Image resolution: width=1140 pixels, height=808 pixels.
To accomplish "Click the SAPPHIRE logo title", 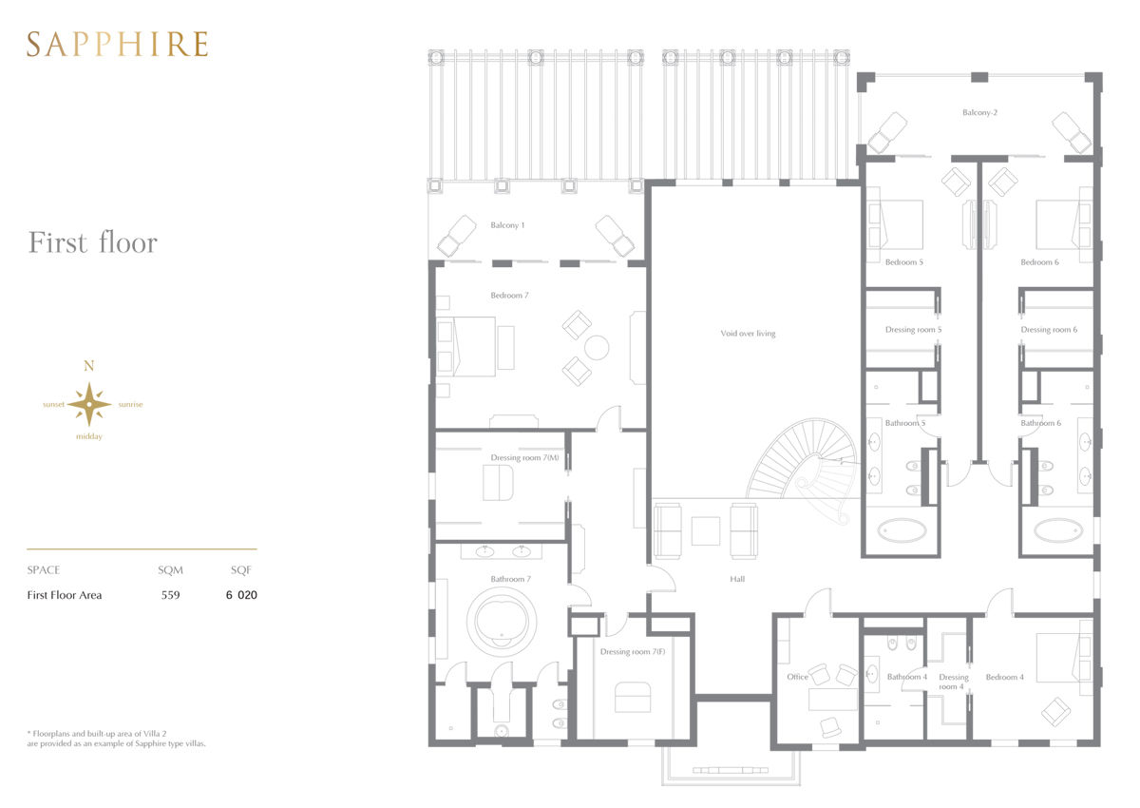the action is [118, 44].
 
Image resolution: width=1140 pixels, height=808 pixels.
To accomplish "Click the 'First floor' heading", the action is [93, 242].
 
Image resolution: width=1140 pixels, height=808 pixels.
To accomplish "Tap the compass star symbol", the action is [89, 404].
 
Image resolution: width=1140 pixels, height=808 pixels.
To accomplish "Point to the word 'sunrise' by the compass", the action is [130, 404].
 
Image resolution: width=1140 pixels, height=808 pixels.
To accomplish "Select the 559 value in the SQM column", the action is [170, 595].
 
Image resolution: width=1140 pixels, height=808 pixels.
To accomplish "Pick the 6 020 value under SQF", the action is [241, 595].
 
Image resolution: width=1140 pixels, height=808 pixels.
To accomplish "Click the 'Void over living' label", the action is [748, 334].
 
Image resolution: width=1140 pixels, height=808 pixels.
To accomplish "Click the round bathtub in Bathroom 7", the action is [502, 622].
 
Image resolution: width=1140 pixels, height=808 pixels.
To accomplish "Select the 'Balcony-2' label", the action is [979, 112].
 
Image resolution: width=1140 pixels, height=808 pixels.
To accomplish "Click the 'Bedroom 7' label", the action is [509, 296].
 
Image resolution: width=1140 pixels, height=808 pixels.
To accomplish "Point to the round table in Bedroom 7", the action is [597, 348].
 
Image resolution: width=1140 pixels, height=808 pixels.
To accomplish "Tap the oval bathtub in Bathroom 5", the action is [902, 531].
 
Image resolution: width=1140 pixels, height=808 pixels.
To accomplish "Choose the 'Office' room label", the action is [797, 677].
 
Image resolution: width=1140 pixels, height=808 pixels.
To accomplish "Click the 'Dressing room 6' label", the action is [1049, 330].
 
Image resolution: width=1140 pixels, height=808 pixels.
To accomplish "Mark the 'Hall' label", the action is [737, 579].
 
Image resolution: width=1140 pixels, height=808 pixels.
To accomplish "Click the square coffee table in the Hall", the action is [705, 531].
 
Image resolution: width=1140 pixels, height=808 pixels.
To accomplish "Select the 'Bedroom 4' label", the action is [1005, 677].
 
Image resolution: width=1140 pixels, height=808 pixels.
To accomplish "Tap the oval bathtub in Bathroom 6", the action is [1058, 531].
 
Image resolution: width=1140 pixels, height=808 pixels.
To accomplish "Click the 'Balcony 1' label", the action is [507, 225].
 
